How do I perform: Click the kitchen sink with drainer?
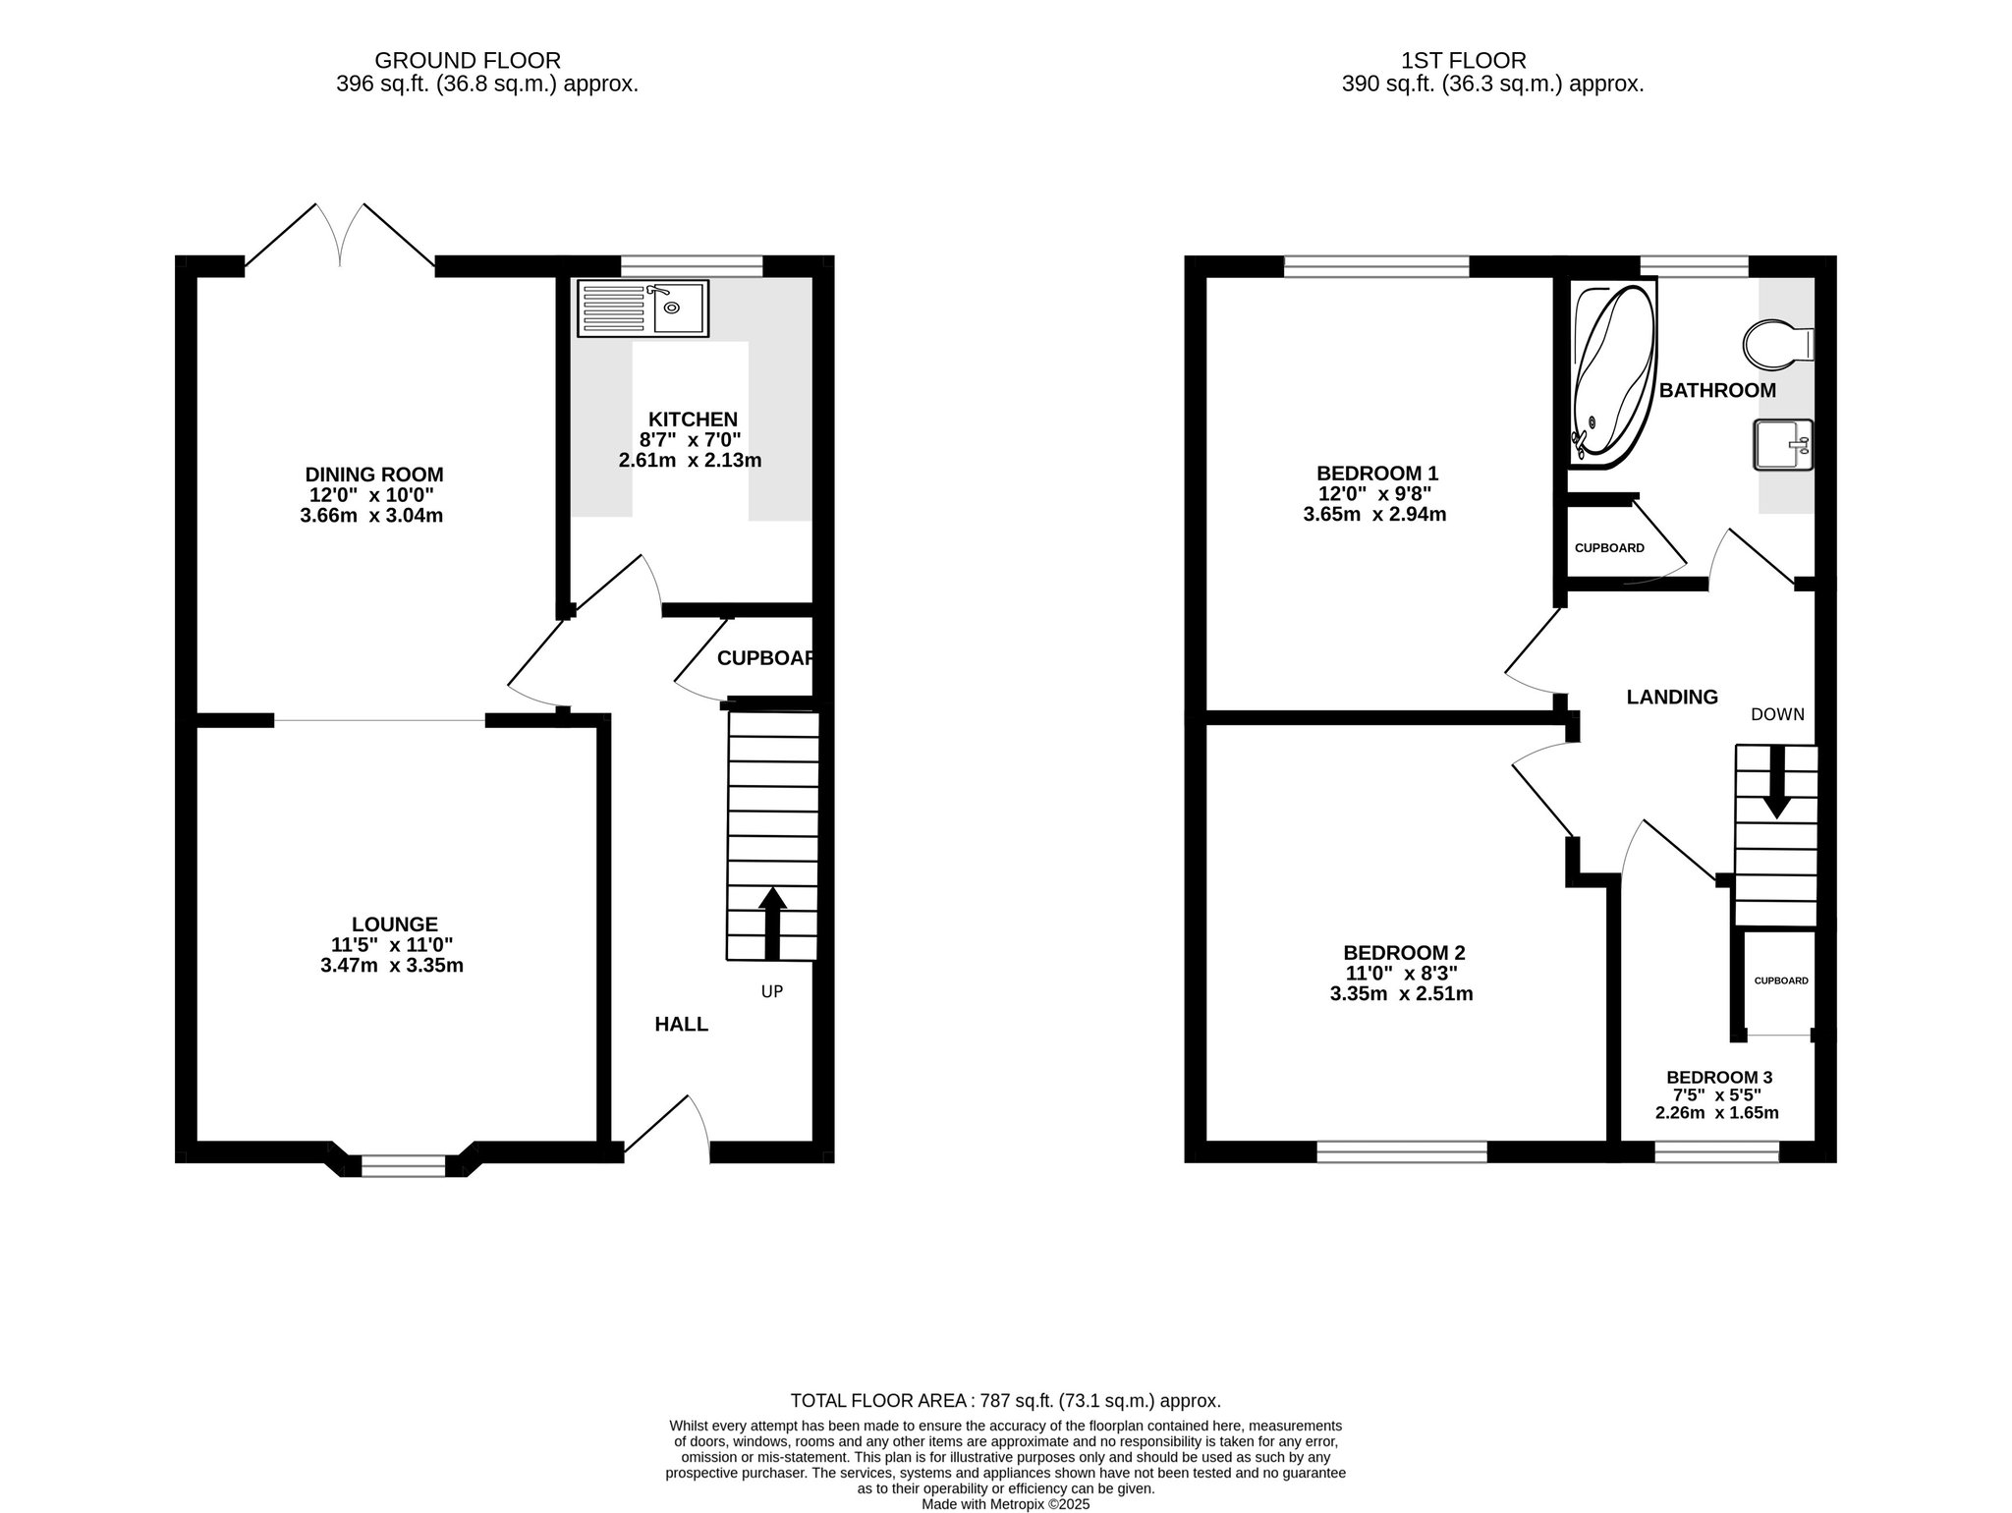coord(643,308)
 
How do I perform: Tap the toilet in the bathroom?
coord(1778,345)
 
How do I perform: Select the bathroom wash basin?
coord(1783,445)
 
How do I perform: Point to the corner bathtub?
coord(1611,374)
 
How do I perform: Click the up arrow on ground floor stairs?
coord(772,923)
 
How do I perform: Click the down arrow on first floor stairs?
coord(1776,782)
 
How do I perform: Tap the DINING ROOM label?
coord(373,475)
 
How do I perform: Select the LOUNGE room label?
coord(394,925)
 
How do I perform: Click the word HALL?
coord(682,1025)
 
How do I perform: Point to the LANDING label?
coord(1672,697)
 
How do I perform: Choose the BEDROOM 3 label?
coord(1719,1077)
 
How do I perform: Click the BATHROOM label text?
coord(1717,390)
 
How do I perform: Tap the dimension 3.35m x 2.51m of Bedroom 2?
coord(1401,993)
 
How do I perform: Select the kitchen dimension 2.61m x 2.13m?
coord(690,460)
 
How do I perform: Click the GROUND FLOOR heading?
coord(468,61)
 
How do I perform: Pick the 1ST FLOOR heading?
coord(1464,61)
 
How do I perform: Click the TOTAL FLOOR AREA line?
coord(1006,1401)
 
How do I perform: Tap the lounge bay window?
coord(403,1165)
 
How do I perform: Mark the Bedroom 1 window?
coord(1376,265)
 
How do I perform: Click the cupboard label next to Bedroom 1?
coord(1609,548)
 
